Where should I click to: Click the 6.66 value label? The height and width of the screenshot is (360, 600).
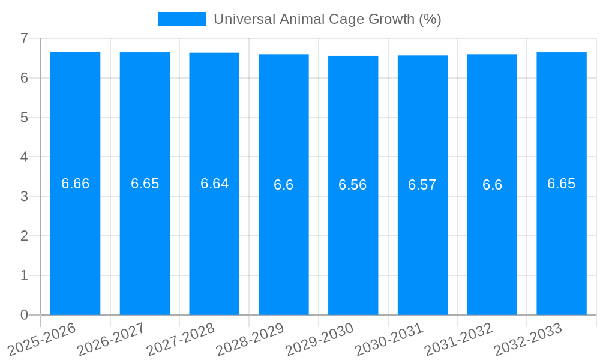click(75, 184)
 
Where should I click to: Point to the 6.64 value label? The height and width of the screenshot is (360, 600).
click(214, 184)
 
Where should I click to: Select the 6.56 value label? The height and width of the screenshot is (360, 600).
click(353, 185)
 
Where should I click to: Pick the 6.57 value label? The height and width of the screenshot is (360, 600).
click(422, 185)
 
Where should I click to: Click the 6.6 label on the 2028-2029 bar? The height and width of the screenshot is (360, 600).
click(283, 185)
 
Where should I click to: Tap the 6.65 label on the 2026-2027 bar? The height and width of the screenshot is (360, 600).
click(145, 184)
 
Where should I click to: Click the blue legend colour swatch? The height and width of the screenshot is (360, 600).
click(182, 19)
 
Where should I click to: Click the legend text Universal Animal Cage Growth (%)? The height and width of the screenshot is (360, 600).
click(327, 19)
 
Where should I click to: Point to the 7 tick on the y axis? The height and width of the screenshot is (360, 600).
click(24, 38)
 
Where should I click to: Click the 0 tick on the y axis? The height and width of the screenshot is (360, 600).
click(24, 315)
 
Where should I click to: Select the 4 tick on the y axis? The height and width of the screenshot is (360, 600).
click(24, 157)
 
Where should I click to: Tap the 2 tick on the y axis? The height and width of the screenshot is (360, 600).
click(24, 236)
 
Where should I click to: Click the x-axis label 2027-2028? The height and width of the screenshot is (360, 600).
click(181, 340)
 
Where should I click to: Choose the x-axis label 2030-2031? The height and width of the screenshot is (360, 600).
click(389, 340)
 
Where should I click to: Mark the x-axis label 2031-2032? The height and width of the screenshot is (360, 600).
click(458, 340)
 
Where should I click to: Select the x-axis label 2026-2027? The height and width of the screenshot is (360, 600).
click(111, 340)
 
